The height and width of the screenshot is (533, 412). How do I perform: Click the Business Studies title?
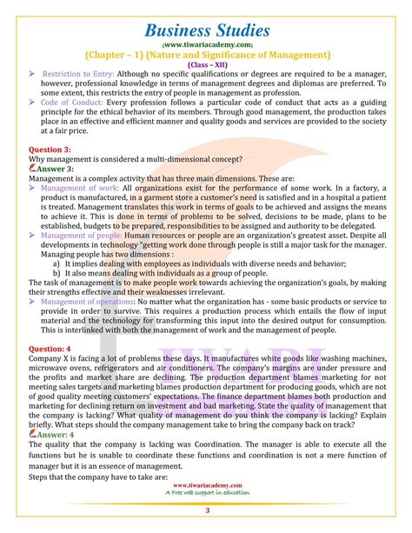coord(206,18)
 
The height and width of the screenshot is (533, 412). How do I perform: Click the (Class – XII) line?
coord(206,63)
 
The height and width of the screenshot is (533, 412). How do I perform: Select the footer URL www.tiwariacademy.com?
coord(206,487)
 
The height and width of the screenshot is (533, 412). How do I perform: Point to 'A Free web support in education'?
coord(206,496)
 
